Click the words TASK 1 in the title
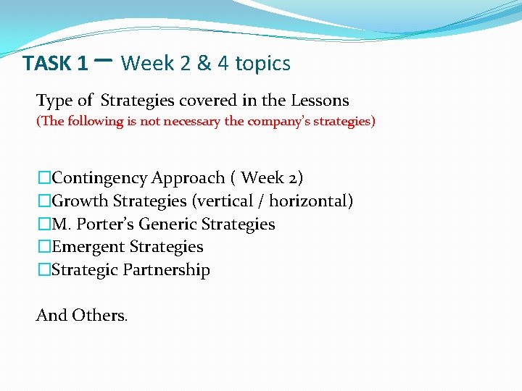point(55,64)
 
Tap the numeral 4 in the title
point(223,64)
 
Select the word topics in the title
point(263,64)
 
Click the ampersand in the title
point(204,64)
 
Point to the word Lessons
point(320,101)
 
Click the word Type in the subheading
point(54,101)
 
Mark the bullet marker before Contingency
point(45,177)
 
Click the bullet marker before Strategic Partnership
point(45,270)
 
